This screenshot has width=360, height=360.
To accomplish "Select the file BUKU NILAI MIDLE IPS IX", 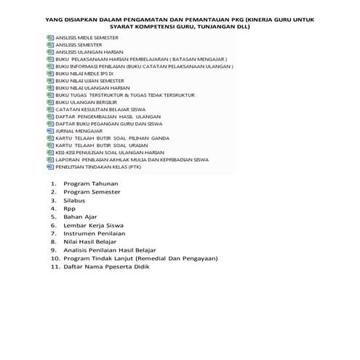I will point(80,73).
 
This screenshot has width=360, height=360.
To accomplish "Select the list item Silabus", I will point(75,200).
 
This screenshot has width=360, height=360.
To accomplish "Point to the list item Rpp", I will point(70,208).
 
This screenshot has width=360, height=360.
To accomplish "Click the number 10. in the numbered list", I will point(55,258).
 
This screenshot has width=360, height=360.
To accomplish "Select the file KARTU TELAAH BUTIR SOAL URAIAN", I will point(97,145).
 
